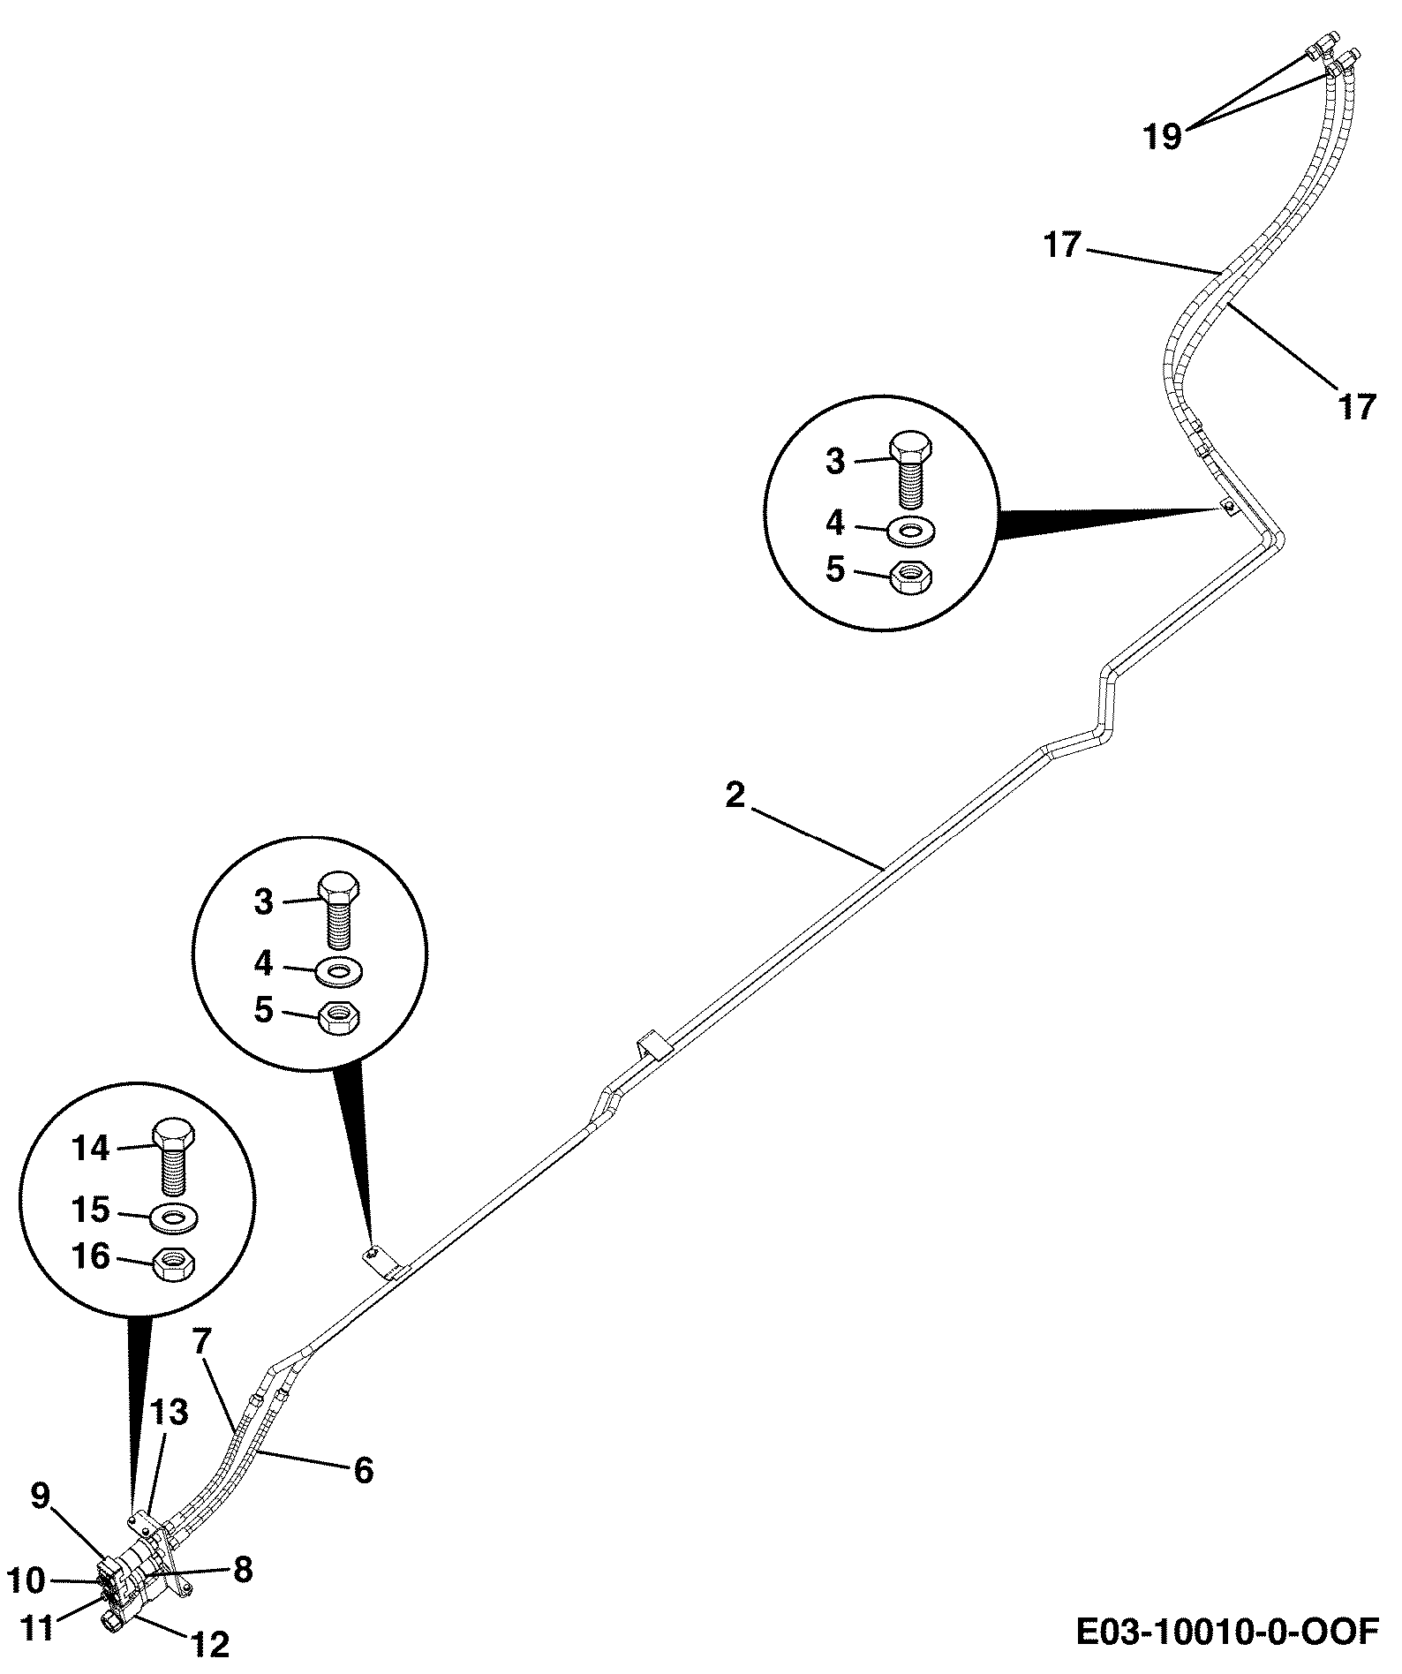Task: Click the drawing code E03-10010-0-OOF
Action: pyautogui.click(x=1226, y=1632)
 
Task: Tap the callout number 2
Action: pyautogui.click(x=735, y=796)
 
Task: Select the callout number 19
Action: pyautogui.click(x=1163, y=137)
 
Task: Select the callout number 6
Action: pyautogui.click(x=363, y=1470)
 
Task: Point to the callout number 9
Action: pyautogui.click(x=41, y=1495)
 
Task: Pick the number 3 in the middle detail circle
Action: pyautogui.click(x=264, y=902)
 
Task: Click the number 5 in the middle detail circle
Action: pyautogui.click(x=264, y=1011)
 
